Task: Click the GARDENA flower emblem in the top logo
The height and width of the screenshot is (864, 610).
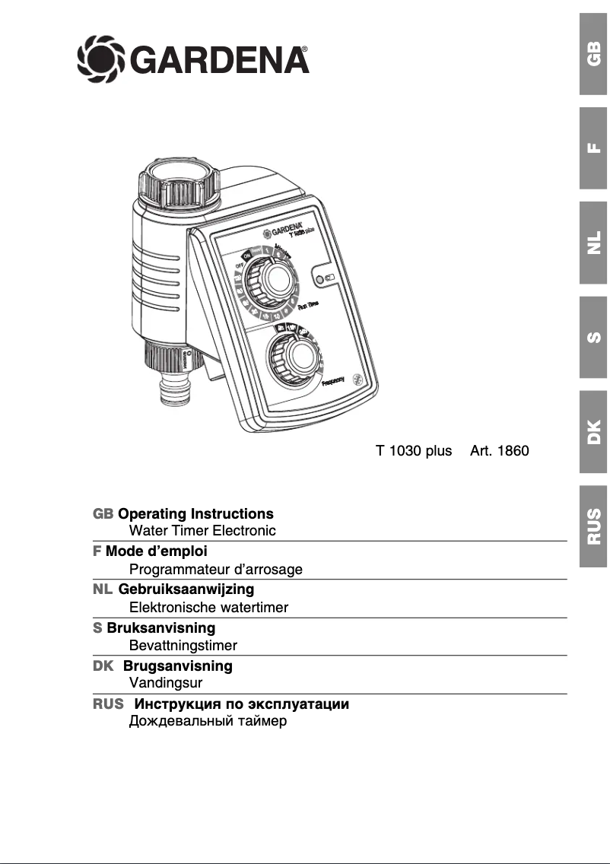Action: pyautogui.click(x=100, y=58)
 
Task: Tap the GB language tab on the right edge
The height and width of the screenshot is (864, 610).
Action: pyautogui.click(x=593, y=54)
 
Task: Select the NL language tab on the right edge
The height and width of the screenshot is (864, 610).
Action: pyautogui.click(x=593, y=243)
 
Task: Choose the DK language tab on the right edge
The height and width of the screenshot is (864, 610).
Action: pyautogui.click(x=593, y=431)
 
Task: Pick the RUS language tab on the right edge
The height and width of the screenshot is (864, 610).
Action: pyautogui.click(x=593, y=526)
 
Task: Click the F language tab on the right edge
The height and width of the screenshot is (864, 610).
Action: pyautogui.click(x=593, y=148)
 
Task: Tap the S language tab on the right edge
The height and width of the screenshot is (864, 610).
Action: pyautogui.click(x=593, y=337)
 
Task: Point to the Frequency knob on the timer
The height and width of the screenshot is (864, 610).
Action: pyautogui.click(x=293, y=357)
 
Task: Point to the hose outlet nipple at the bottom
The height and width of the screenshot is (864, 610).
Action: pyautogui.click(x=178, y=395)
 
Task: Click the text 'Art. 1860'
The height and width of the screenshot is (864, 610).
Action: pyautogui.click(x=499, y=451)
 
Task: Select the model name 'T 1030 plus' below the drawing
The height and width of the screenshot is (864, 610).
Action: pyautogui.click(x=414, y=451)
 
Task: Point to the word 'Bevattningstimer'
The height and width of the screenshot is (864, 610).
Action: pyautogui.click(x=183, y=645)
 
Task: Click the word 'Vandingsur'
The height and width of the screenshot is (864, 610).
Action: pyautogui.click(x=166, y=683)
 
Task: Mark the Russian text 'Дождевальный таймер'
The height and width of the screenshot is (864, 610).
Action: pyautogui.click(x=208, y=721)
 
